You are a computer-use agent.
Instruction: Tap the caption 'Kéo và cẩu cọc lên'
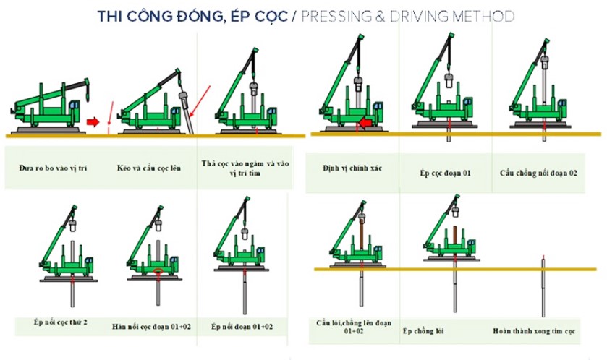point(148,168)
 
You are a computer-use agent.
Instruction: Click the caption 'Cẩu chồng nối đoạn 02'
point(539,173)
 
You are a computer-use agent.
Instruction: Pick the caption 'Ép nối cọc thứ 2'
point(61,322)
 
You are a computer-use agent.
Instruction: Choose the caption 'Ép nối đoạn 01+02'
point(242,327)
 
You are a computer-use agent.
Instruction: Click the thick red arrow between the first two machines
point(93,121)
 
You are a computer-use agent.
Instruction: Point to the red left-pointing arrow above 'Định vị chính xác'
point(368,124)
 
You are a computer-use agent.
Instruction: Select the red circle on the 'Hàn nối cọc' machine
point(156,273)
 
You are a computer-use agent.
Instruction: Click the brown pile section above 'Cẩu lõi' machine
point(360,241)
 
